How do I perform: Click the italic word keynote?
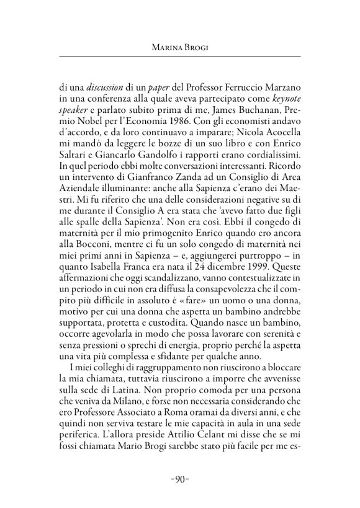click(284, 97)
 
